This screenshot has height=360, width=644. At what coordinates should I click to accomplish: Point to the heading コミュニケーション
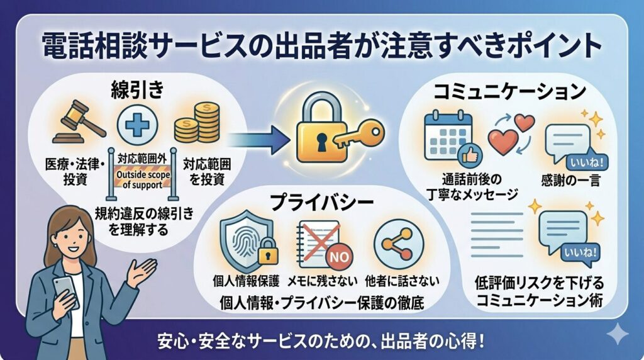(x=510, y=93)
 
